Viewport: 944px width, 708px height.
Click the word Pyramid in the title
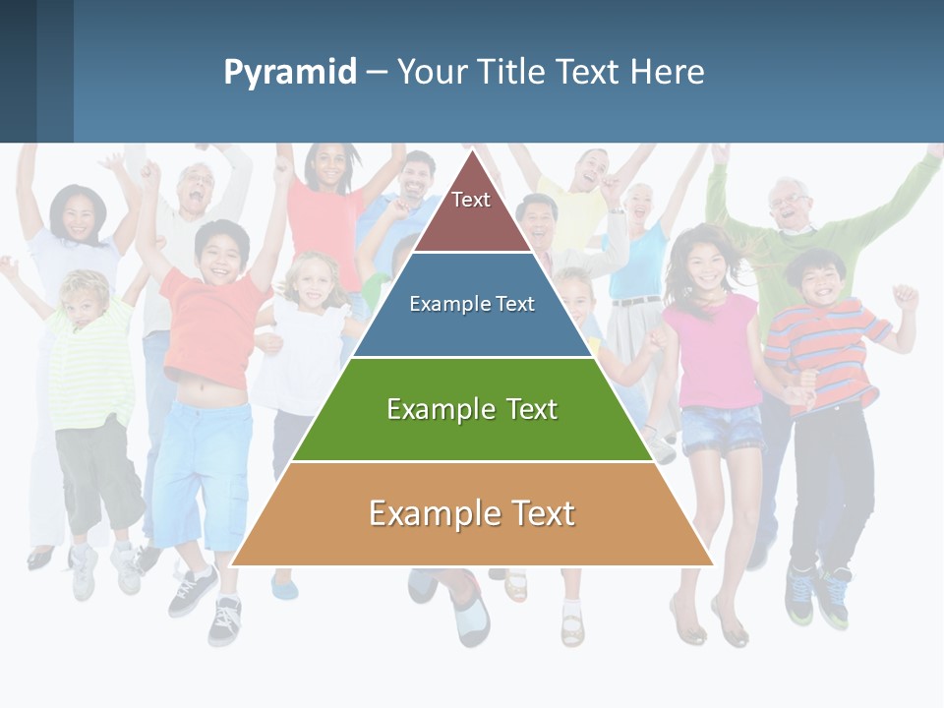point(290,73)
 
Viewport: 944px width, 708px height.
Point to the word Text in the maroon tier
point(471,200)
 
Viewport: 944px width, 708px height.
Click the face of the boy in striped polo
point(818,278)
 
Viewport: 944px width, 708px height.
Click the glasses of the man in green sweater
point(790,201)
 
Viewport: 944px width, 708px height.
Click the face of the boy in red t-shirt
point(220,254)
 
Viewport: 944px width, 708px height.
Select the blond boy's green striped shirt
point(90,364)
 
